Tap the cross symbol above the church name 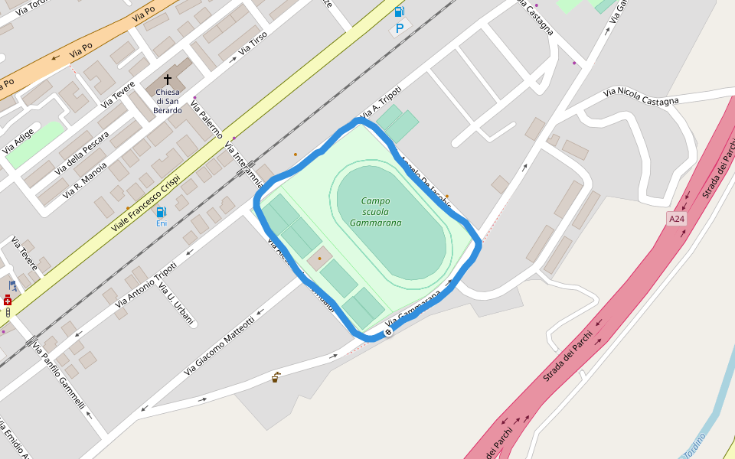(168, 80)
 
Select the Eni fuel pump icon (161, 212)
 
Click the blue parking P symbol (399, 28)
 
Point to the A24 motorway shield (676, 219)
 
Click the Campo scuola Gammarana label (375, 212)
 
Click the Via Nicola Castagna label (641, 97)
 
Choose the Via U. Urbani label (177, 303)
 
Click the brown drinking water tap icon (275, 377)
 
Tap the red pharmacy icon (8, 300)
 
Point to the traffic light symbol (8, 312)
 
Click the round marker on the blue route (388, 332)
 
